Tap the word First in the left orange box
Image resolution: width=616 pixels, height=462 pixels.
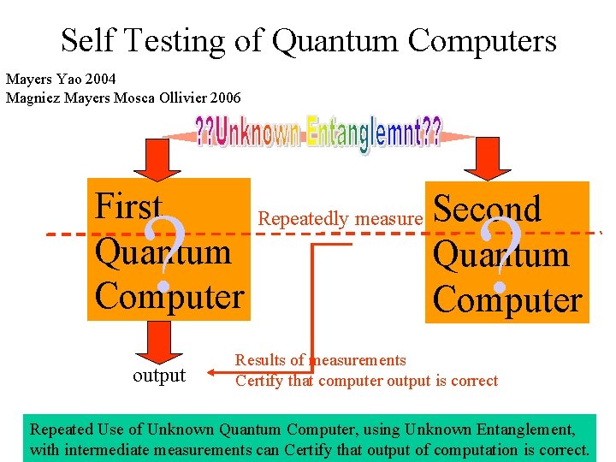pyautogui.click(x=127, y=206)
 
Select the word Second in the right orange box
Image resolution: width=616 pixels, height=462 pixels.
pyautogui.click(x=487, y=209)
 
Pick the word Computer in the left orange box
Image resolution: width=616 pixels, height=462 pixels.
pyautogui.click(x=169, y=296)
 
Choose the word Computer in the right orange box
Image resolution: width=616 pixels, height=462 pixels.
pyautogui.click(x=507, y=299)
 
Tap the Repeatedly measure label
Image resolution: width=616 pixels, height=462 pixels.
pyautogui.click(x=341, y=219)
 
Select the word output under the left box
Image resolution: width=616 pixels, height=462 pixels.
pyautogui.click(x=159, y=376)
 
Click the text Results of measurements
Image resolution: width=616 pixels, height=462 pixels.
pyautogui.click(x=321, y=360)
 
